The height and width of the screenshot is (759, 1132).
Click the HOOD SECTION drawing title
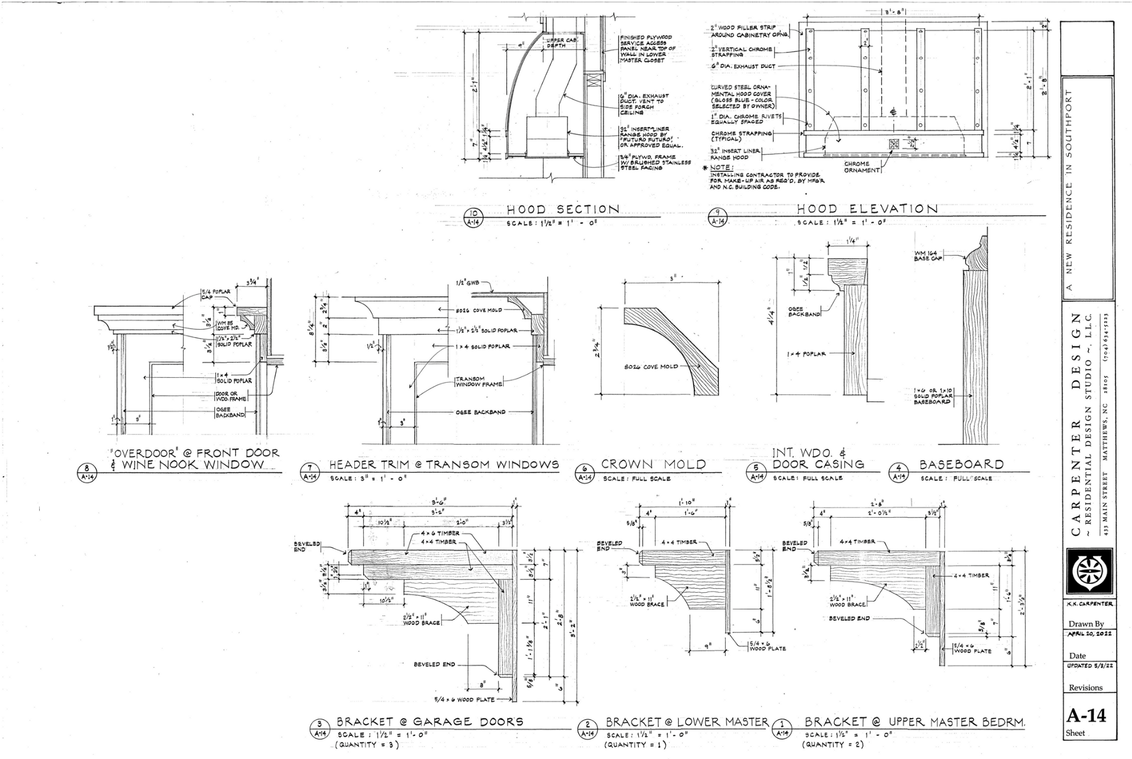click(x=563, y=209)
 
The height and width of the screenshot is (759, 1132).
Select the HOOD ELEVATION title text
click(x=867, y=209)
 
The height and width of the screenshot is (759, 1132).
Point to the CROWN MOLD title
click(x=653, y=465)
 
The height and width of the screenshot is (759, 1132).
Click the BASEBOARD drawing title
click(x=961, y=465)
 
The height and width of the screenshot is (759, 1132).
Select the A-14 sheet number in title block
click(x=1086, y=715)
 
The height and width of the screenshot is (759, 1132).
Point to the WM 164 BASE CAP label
click(x=929, y=255)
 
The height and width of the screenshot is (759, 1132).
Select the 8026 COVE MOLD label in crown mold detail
click(x=651, y=366)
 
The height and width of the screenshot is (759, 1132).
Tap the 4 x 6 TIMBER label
click(x=440, y=534)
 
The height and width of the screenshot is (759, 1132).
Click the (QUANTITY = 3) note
click(x=366, y=745)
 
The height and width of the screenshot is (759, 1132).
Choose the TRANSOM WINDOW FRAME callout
click(x=479, y=381)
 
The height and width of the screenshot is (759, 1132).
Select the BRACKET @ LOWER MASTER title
click(x=687, y=722)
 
